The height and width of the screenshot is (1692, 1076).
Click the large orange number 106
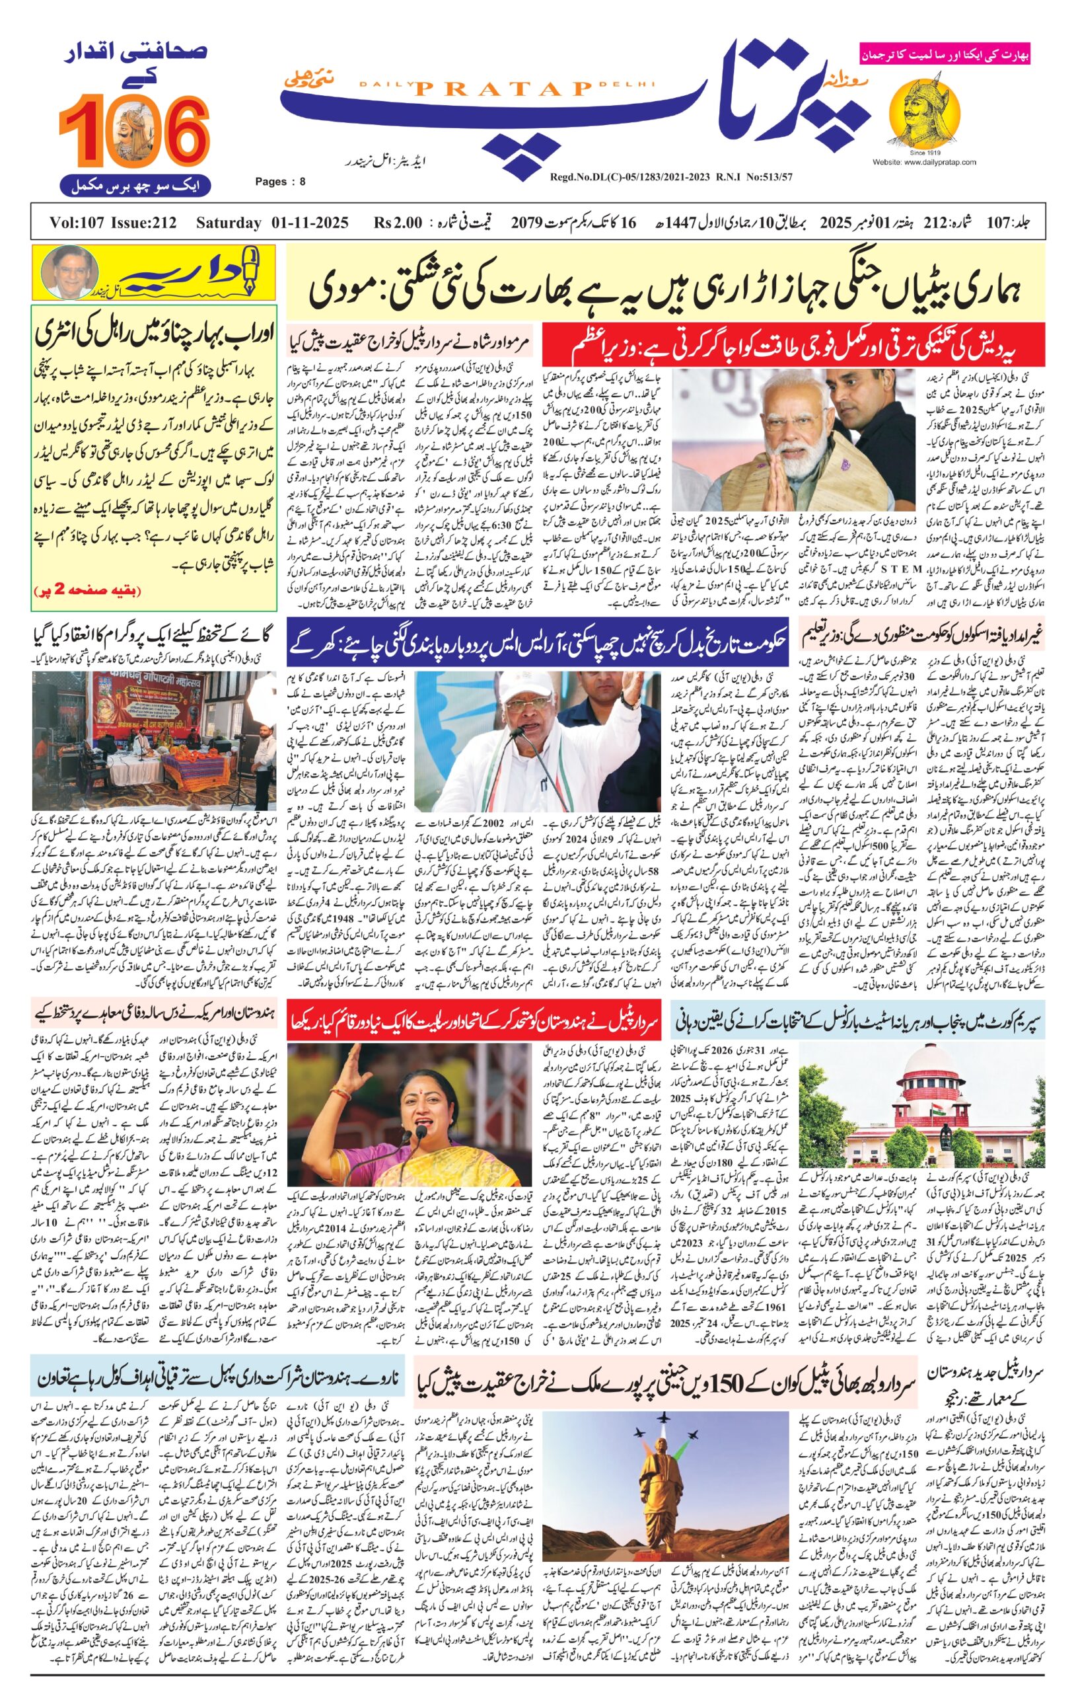pos(134,132)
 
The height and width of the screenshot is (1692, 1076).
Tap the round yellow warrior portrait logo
pos(923,113)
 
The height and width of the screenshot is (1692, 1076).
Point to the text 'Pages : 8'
pos(280,181)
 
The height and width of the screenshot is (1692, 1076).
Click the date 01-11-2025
pos(310,223)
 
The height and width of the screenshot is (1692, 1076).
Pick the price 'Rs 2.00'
pos(398,223)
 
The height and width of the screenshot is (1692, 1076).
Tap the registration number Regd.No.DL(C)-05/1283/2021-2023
pos(630,177)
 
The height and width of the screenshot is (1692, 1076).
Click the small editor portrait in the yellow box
pos(69,271)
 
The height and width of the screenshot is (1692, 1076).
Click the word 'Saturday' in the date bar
pos(229,223)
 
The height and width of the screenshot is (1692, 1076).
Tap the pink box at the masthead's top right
pos(944,54)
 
